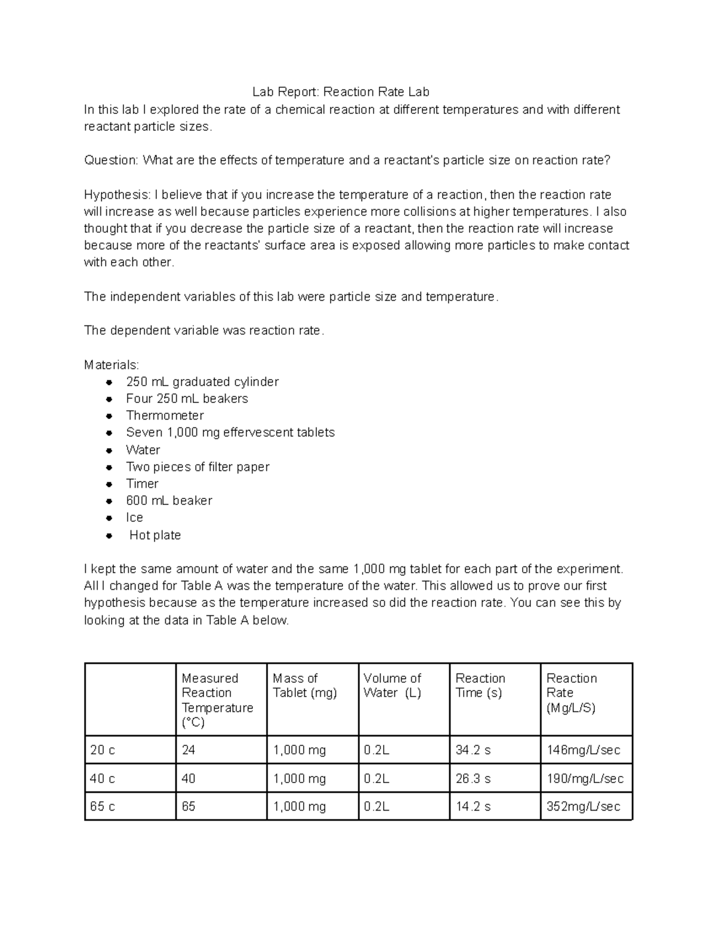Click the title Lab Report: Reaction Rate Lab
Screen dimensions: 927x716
[x=340, y=92]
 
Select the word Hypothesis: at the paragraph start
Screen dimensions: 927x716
[x=117, y=195]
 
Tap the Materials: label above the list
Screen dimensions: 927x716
[x=111, y=365]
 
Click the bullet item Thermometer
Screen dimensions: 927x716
[x=165, y=415]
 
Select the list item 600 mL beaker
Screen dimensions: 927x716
[x=169, y=501]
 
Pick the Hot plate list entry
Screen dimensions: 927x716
[x=155, y=535]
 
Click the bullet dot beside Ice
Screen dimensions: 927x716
[x=109, y=518]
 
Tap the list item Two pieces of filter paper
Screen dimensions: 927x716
[x=197, y=467]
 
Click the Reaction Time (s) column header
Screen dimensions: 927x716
[x=480, y=686]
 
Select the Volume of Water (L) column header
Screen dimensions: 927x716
[x=393, y=686]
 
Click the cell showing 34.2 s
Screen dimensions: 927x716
[x=473, y=750]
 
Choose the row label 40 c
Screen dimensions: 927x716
[x=103, y=779]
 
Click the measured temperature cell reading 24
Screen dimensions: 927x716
[x=189, y=750]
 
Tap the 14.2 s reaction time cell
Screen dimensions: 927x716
[x=473, y=807]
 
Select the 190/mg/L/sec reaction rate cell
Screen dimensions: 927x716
[x=585, y=779]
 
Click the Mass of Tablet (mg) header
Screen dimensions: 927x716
[x=304, y=686]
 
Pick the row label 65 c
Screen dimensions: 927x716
[x=103, y=807]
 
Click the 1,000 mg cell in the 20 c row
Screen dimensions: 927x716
[x=300, y=750]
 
